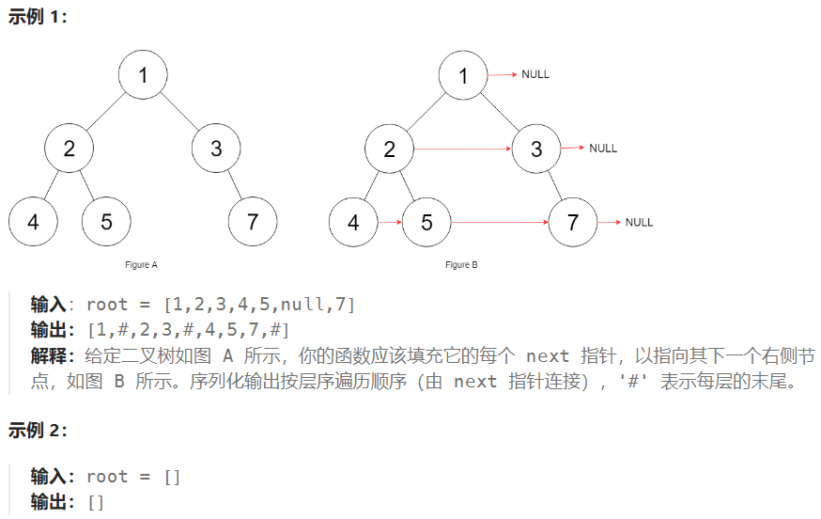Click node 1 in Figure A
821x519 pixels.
(x=143, y=74)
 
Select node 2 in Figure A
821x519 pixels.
(x=70, y=149)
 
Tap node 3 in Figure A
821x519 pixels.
(x=216, y=149)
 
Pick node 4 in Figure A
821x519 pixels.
(x=33, y=222)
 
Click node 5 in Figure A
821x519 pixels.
(x=106, y=222)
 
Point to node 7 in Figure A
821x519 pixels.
(x=253, y=222)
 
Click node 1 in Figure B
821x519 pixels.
(x=463, y=75)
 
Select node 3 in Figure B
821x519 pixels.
(x=536, y=149)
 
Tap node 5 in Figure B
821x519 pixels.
(x=426, y=223)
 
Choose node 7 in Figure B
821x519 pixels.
(x=574, y=223)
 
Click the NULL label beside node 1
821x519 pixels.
(x=535, y=74)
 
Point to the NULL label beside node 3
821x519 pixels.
(x=603, y=148)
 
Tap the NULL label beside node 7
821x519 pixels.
(x=639, y=222)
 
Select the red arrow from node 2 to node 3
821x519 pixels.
(x=463, y=149)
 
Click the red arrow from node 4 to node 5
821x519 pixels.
(x=390, y=223)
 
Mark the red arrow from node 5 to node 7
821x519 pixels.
(x=500, y=223)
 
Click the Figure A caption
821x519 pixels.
(x=142, y=265)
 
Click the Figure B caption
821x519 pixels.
(x=462, y=265)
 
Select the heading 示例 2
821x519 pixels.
(x=38, y=431)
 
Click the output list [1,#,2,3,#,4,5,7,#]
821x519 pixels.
(x=188, y=330)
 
